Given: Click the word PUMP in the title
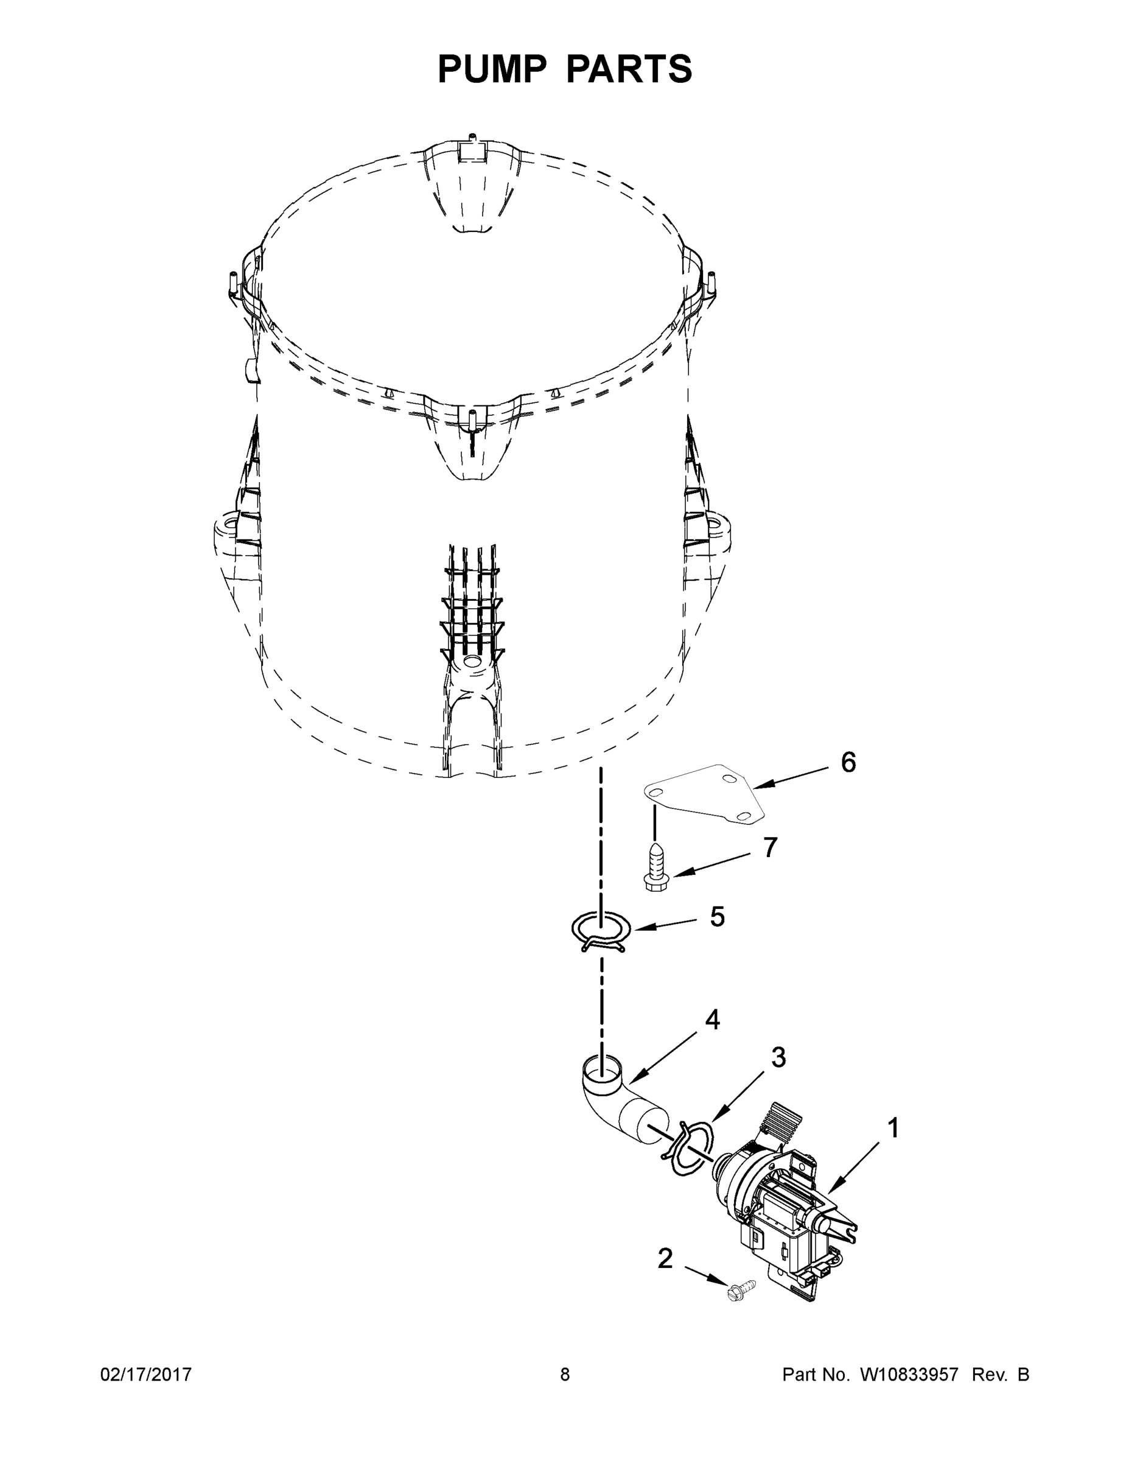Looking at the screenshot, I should coord(492,69).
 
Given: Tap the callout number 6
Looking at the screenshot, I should coord(848,763).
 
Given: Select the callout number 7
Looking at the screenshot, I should coord(771,847).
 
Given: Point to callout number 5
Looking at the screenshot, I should coord(717,917).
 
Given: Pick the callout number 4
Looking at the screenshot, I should coord(712,1020).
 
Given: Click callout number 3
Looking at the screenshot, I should coord(778,1057).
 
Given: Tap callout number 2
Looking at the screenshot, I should coord(665,1258).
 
